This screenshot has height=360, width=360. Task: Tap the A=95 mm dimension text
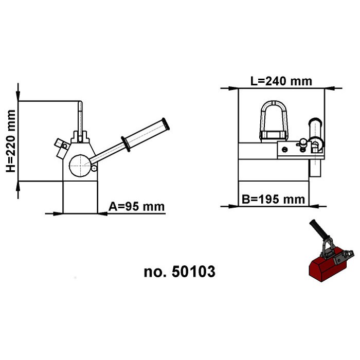[136, 207]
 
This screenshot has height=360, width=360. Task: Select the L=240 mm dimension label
[281, 81]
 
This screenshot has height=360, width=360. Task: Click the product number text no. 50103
[179, 271]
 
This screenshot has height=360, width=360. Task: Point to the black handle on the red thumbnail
[316, 230]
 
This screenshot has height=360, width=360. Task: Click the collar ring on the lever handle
[124, 144]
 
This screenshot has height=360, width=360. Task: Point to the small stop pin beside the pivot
[94, 168]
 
